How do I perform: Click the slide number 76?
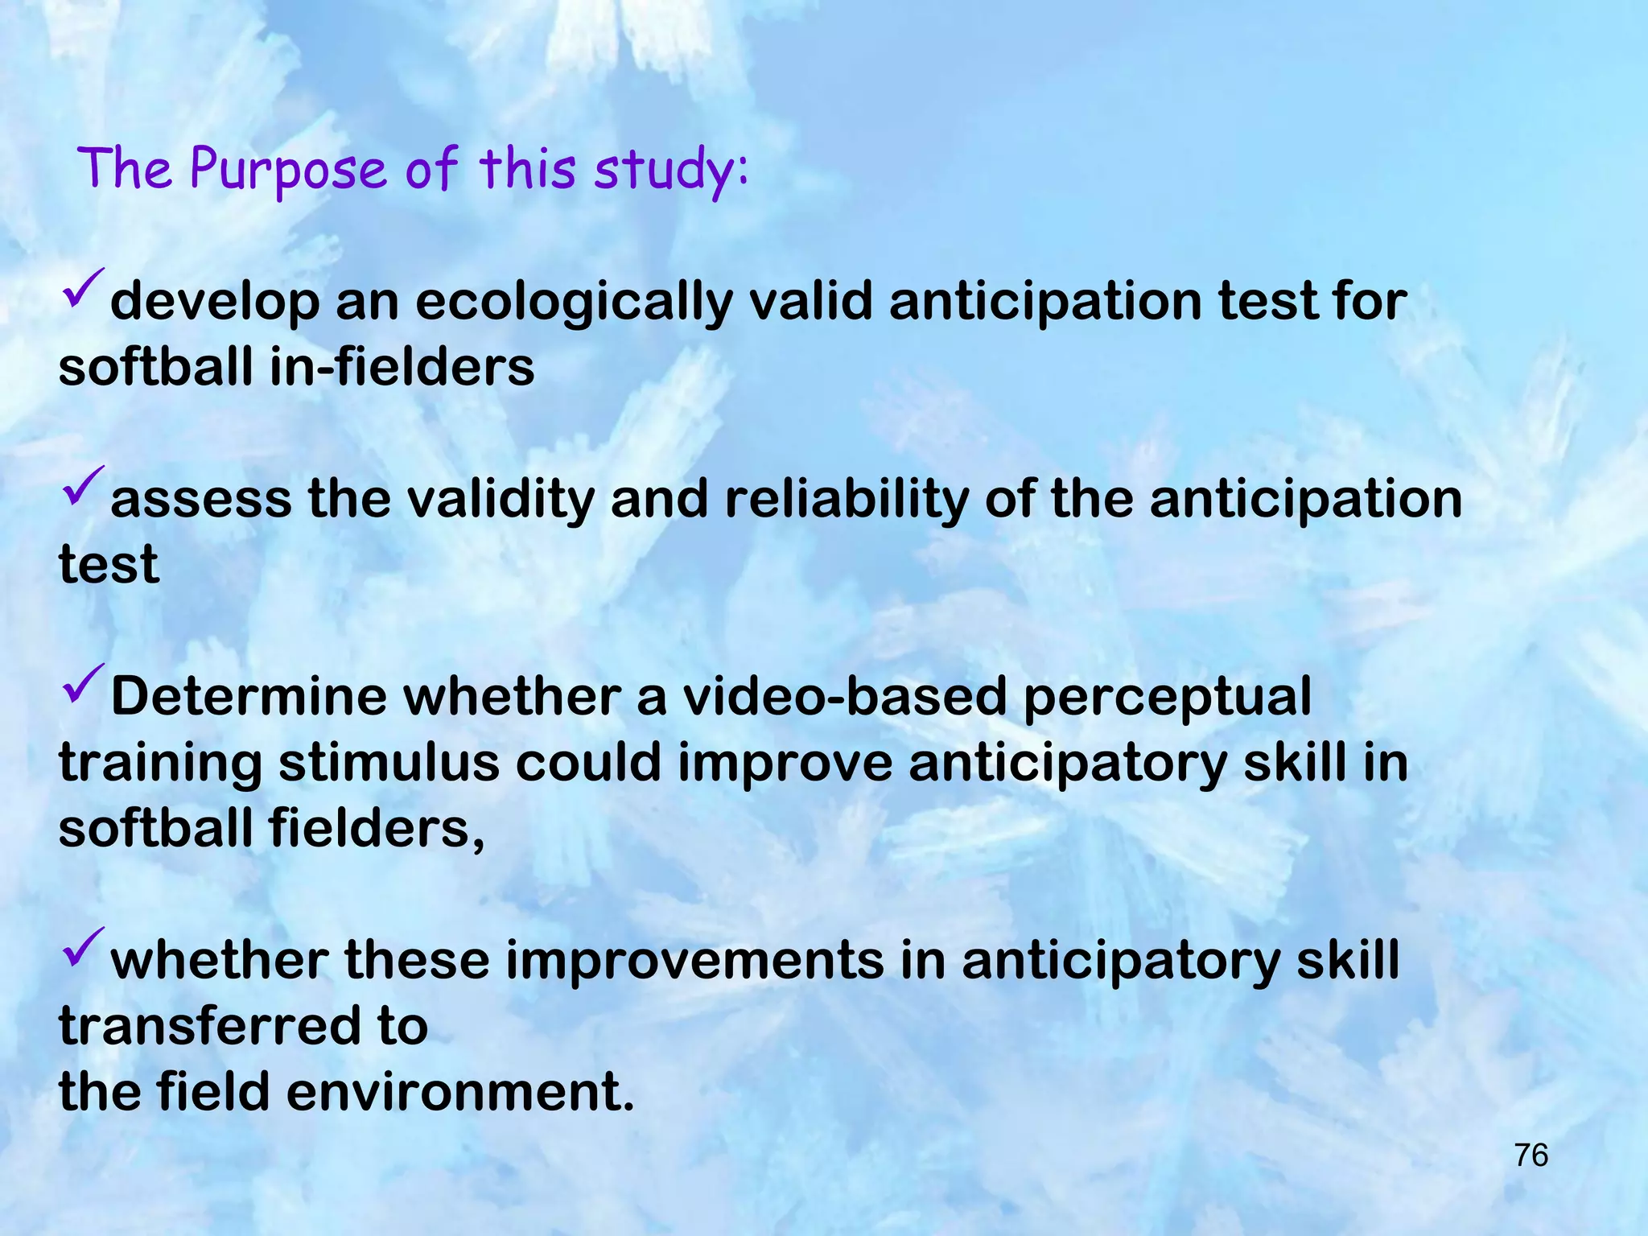pos(1531,1156)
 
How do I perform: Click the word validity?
pos(500,499)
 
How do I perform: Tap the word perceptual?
pos(1166,697)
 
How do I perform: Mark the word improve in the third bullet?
pos(785,763)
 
